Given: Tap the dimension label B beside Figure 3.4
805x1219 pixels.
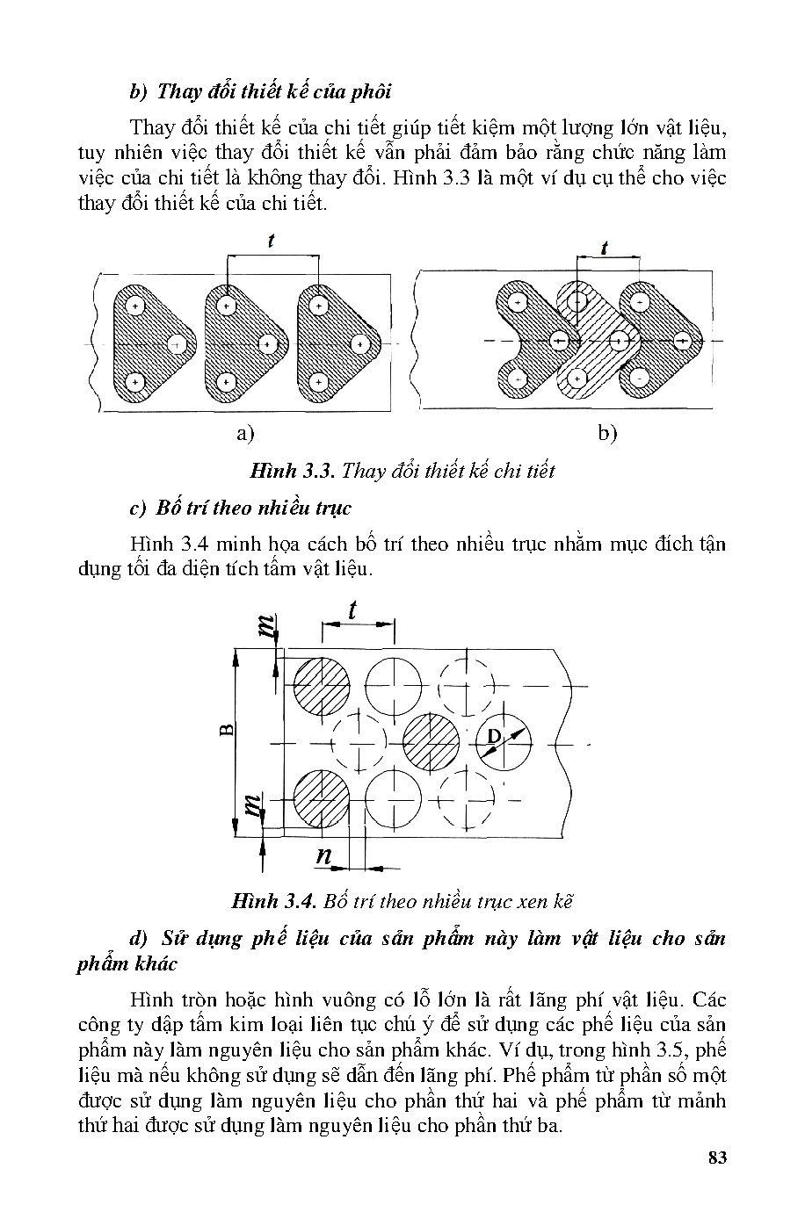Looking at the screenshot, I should pos(226,730).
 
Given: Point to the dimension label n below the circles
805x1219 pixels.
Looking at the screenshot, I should pos(323,856).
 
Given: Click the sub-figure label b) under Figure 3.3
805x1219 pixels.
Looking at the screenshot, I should pos(606,432).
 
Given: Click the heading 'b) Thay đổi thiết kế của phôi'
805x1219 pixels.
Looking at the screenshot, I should pos(259,91).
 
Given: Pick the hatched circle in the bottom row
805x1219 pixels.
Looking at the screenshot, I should pos(321,800).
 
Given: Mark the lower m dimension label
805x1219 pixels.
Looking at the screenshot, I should pos(253,804).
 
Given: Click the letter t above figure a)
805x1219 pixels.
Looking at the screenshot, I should pos(272,240).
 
